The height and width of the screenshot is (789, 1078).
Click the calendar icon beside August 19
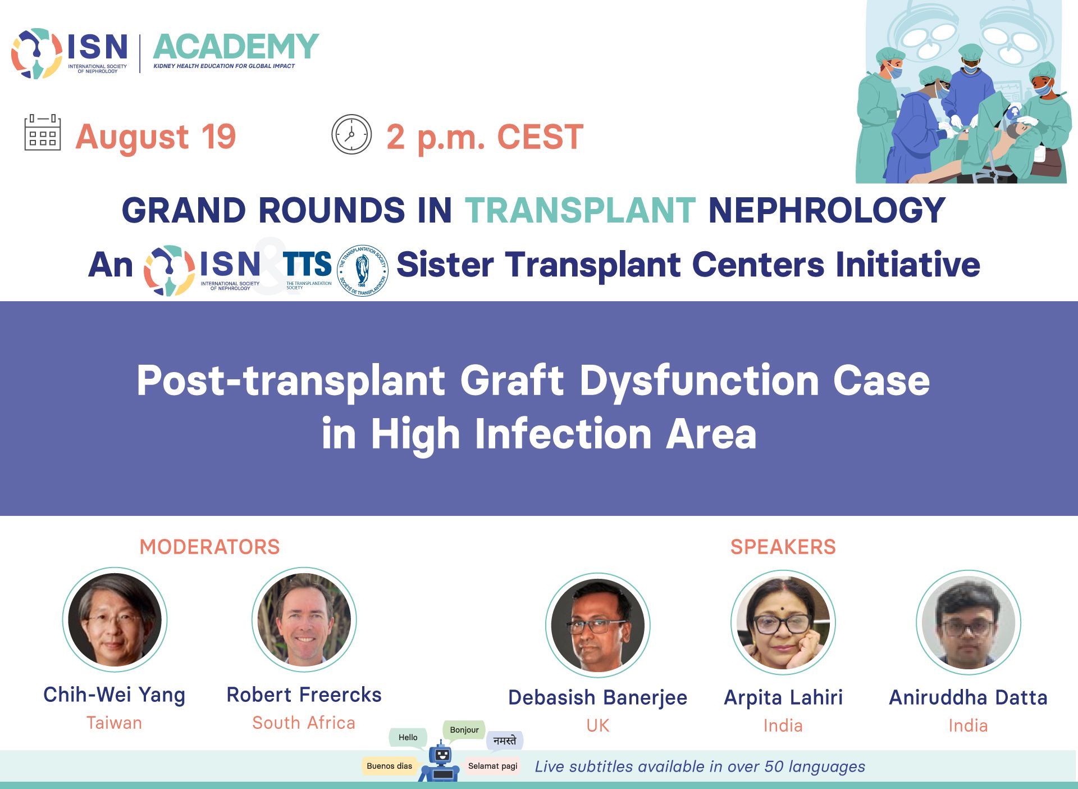tap(43, 133)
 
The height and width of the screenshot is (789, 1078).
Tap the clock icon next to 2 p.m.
tap(351, 134)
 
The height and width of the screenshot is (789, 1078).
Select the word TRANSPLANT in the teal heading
tap(580, 210)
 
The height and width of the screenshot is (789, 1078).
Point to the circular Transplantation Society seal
tap(363, 270)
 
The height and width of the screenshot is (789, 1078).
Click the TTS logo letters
tap(307, 264)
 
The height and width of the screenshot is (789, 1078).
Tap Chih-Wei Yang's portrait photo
tap(115, 620)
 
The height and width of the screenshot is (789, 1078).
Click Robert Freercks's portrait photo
tap(304, 620)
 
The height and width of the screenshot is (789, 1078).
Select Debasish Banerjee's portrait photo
tap(598, 625)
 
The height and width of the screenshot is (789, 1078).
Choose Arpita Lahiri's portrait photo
tap(783, 623)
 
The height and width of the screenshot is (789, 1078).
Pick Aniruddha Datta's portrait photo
tap(969, 623)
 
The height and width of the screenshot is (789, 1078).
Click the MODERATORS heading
tap(209, 547)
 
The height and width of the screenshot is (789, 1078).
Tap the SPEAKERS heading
tap(783, 547)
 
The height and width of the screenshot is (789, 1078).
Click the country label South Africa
tap(304, 723)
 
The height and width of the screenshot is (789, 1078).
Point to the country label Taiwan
tap(115, 723)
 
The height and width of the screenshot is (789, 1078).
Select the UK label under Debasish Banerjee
tap(598, 725)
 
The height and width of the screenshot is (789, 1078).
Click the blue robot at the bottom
tap(440, 763)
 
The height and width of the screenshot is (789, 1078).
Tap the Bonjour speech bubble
tap(464, 730)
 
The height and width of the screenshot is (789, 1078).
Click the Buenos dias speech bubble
tap(389, 766)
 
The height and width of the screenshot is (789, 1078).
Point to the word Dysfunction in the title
tap(699, 382)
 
